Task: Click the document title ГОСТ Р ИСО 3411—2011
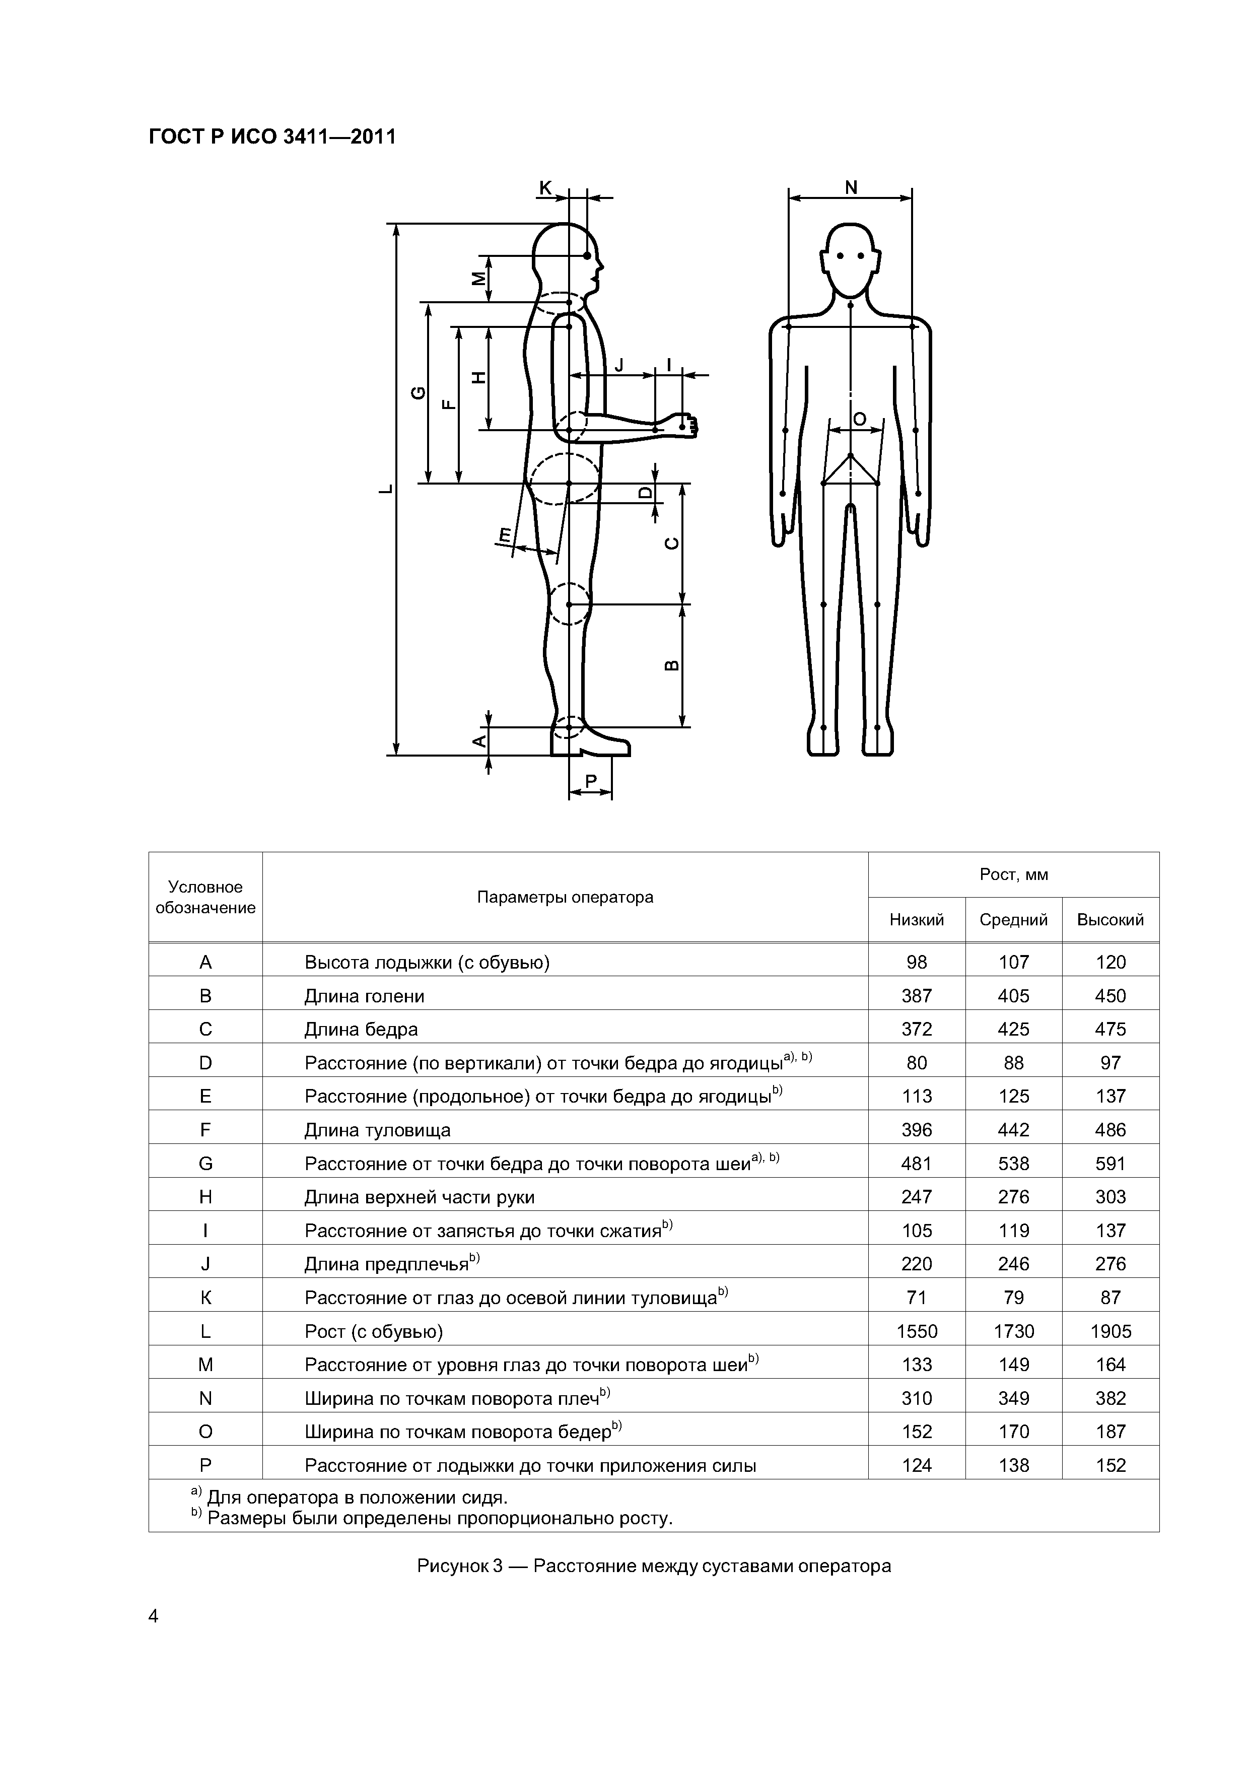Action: pyautogui.click(x=271, y=137)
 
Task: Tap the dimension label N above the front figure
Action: pyautogui.click(x=850, y=187)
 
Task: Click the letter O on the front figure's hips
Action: pyautogui.click(x=859, y=419)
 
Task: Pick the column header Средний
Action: pyautogui.click(x=1013, y=920)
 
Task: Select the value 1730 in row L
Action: pyautogui.click(x=1013, y=1331)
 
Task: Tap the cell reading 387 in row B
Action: pyautogui.click(x=917, y=996)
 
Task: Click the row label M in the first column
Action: pyautogui.click(x=205, y=1365)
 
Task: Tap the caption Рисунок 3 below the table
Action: pyautogui.click(x=653, y=1566)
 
